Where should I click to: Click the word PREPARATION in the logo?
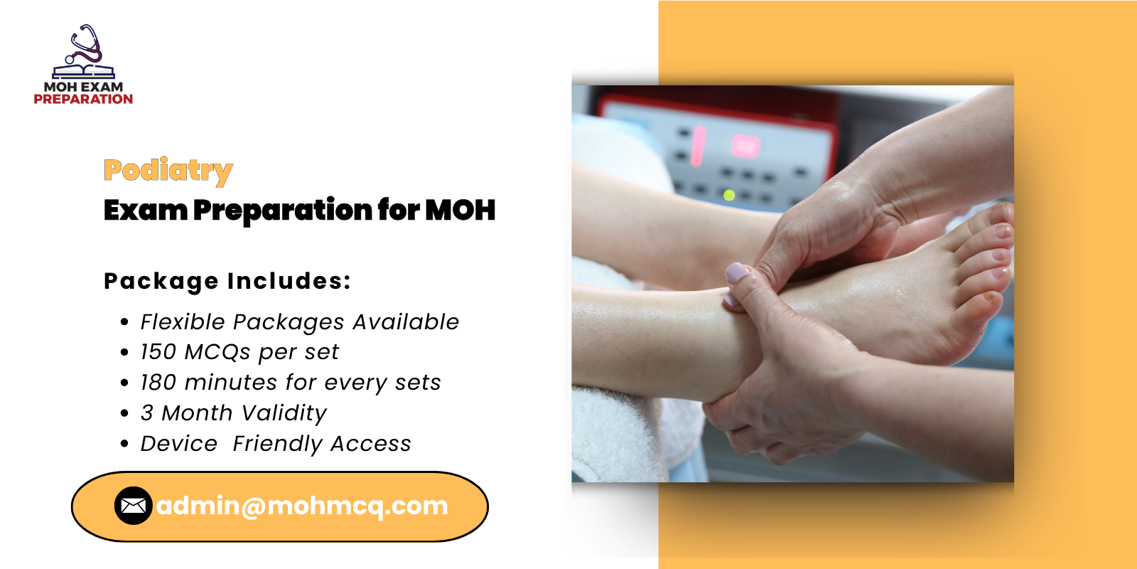(83, 100)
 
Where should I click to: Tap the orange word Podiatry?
(168, 171)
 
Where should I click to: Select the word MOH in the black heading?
(460, 211)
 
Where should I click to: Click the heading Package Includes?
(227, 281)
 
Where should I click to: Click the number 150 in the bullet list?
(158, 352)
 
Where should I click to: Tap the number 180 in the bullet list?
(158, 383)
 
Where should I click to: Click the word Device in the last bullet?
(178, 444)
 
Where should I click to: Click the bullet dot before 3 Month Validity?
(125, 413)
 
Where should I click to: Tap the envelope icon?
(133, 506)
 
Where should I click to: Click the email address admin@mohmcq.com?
(302, 506)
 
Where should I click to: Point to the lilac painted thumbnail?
(737, 272)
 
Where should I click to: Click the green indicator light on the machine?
(728, 194)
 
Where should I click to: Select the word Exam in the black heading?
(145, 211)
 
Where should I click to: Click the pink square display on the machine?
(745, 147)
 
